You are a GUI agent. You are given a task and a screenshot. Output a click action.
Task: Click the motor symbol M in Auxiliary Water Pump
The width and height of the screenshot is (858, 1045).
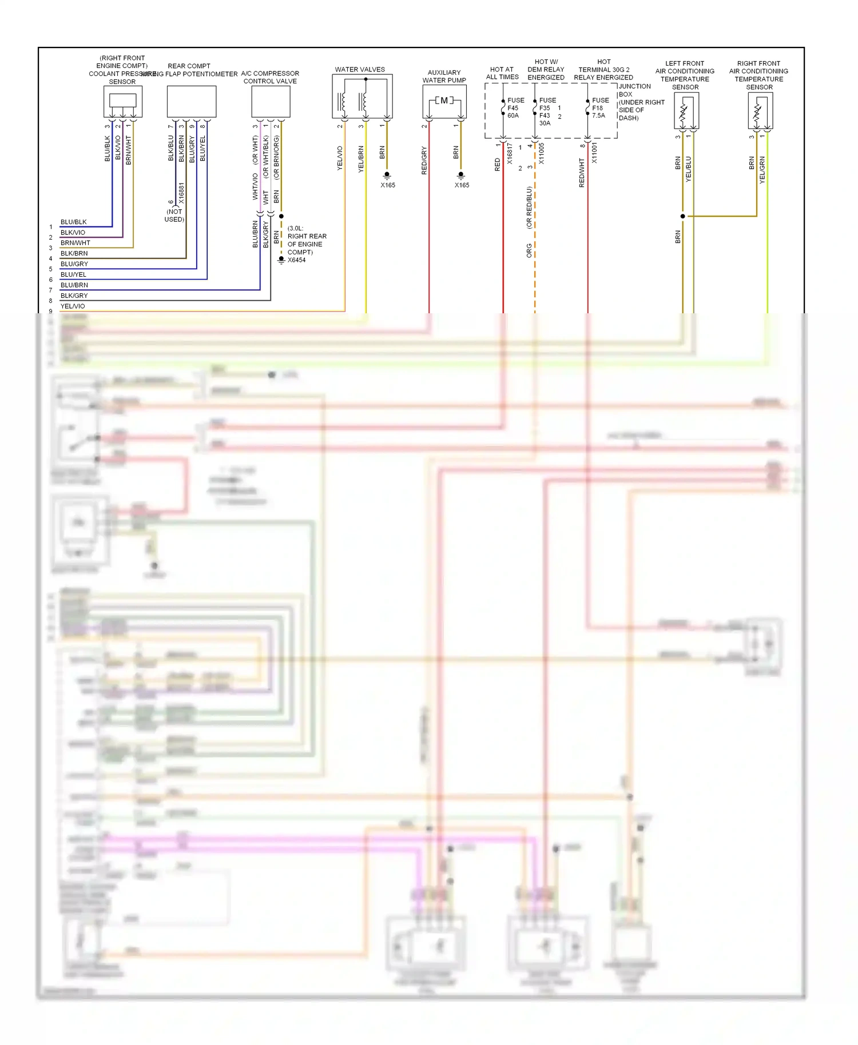pyautogui.click(x=444, y=101)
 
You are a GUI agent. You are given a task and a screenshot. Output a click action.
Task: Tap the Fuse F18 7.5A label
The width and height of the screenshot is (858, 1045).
pyautogui.click(x=599, y=108)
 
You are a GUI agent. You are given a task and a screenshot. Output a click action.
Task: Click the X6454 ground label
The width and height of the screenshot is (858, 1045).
pyautogui.click(x=296, y=260)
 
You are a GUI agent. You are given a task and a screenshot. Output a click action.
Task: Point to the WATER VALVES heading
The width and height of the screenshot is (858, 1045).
pyautogui.click(x=360, y=70)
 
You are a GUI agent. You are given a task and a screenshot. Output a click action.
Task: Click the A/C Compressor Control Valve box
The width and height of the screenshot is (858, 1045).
pyautogui.click(x=271, y=102)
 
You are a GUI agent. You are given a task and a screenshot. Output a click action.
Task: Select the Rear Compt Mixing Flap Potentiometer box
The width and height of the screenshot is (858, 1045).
pyautogui.click(x=191, y=102)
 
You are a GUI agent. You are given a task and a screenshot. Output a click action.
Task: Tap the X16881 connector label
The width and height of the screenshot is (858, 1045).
pyautogui.click(x=181, y=194)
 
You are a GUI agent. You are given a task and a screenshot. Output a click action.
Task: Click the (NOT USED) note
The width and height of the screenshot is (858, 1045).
pyautogui.click(x=174, y=216)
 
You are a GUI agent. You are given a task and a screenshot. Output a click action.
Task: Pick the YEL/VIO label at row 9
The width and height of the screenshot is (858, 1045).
pyautogui.click(x=73, y=306)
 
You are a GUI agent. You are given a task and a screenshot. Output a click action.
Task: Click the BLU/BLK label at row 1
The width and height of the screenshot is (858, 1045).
pyautogui.click(x=73, y=222)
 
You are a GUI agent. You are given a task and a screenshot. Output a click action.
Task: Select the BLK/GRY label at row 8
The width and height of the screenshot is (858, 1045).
pyautogui.click(x=74, y=296)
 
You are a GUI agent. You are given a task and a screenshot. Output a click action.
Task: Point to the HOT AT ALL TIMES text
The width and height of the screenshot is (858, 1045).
pyautogui.click(x=502, y=73)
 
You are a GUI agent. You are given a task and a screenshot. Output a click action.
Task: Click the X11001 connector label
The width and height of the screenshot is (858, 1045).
pyautogui.click(x=594, y=153)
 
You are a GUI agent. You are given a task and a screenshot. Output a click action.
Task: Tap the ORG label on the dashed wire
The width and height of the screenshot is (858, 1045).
pyautogui.click(x=529, y=250)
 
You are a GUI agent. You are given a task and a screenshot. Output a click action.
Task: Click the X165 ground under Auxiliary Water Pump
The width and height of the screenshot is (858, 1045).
pyautogui.click(x=462, y=185)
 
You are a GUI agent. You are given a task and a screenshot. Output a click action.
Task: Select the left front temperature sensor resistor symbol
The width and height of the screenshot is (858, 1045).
pyautogui.click(x=684, y=112)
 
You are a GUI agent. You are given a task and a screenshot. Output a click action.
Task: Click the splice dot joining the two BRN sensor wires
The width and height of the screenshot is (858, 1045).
pyautogui.click(x=682, y=216)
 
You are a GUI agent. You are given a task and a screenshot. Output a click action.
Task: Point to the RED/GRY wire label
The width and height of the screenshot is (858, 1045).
pyautogui.click(x=424, y=161)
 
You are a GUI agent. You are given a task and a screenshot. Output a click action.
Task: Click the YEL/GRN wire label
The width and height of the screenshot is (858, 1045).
pyautogui.click(x=762, y=170)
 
